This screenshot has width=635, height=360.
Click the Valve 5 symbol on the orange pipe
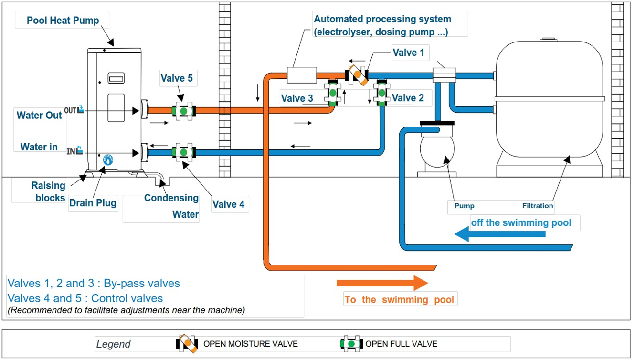tap(183, 110)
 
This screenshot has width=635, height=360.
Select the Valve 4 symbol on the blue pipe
tap(183, 152)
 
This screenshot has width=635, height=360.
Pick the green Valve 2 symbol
tap(382, 93)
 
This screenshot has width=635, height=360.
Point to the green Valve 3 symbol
tap(332, 93)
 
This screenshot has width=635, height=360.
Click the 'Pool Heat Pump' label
tap(63, 21)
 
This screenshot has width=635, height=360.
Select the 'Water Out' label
tap(39, 115)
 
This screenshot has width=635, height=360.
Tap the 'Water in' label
tap(39, 147)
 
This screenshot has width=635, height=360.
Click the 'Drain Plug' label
tap(93, 203)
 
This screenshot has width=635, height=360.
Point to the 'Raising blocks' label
tap(48, 191)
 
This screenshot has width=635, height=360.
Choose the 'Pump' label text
tap(464, 206)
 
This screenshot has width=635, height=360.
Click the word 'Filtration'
tap(538, 206)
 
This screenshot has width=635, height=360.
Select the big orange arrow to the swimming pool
tap(382, 283)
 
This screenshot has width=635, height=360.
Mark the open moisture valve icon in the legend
tap(188, 343)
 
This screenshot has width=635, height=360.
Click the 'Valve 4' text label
tap(229, 204)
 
